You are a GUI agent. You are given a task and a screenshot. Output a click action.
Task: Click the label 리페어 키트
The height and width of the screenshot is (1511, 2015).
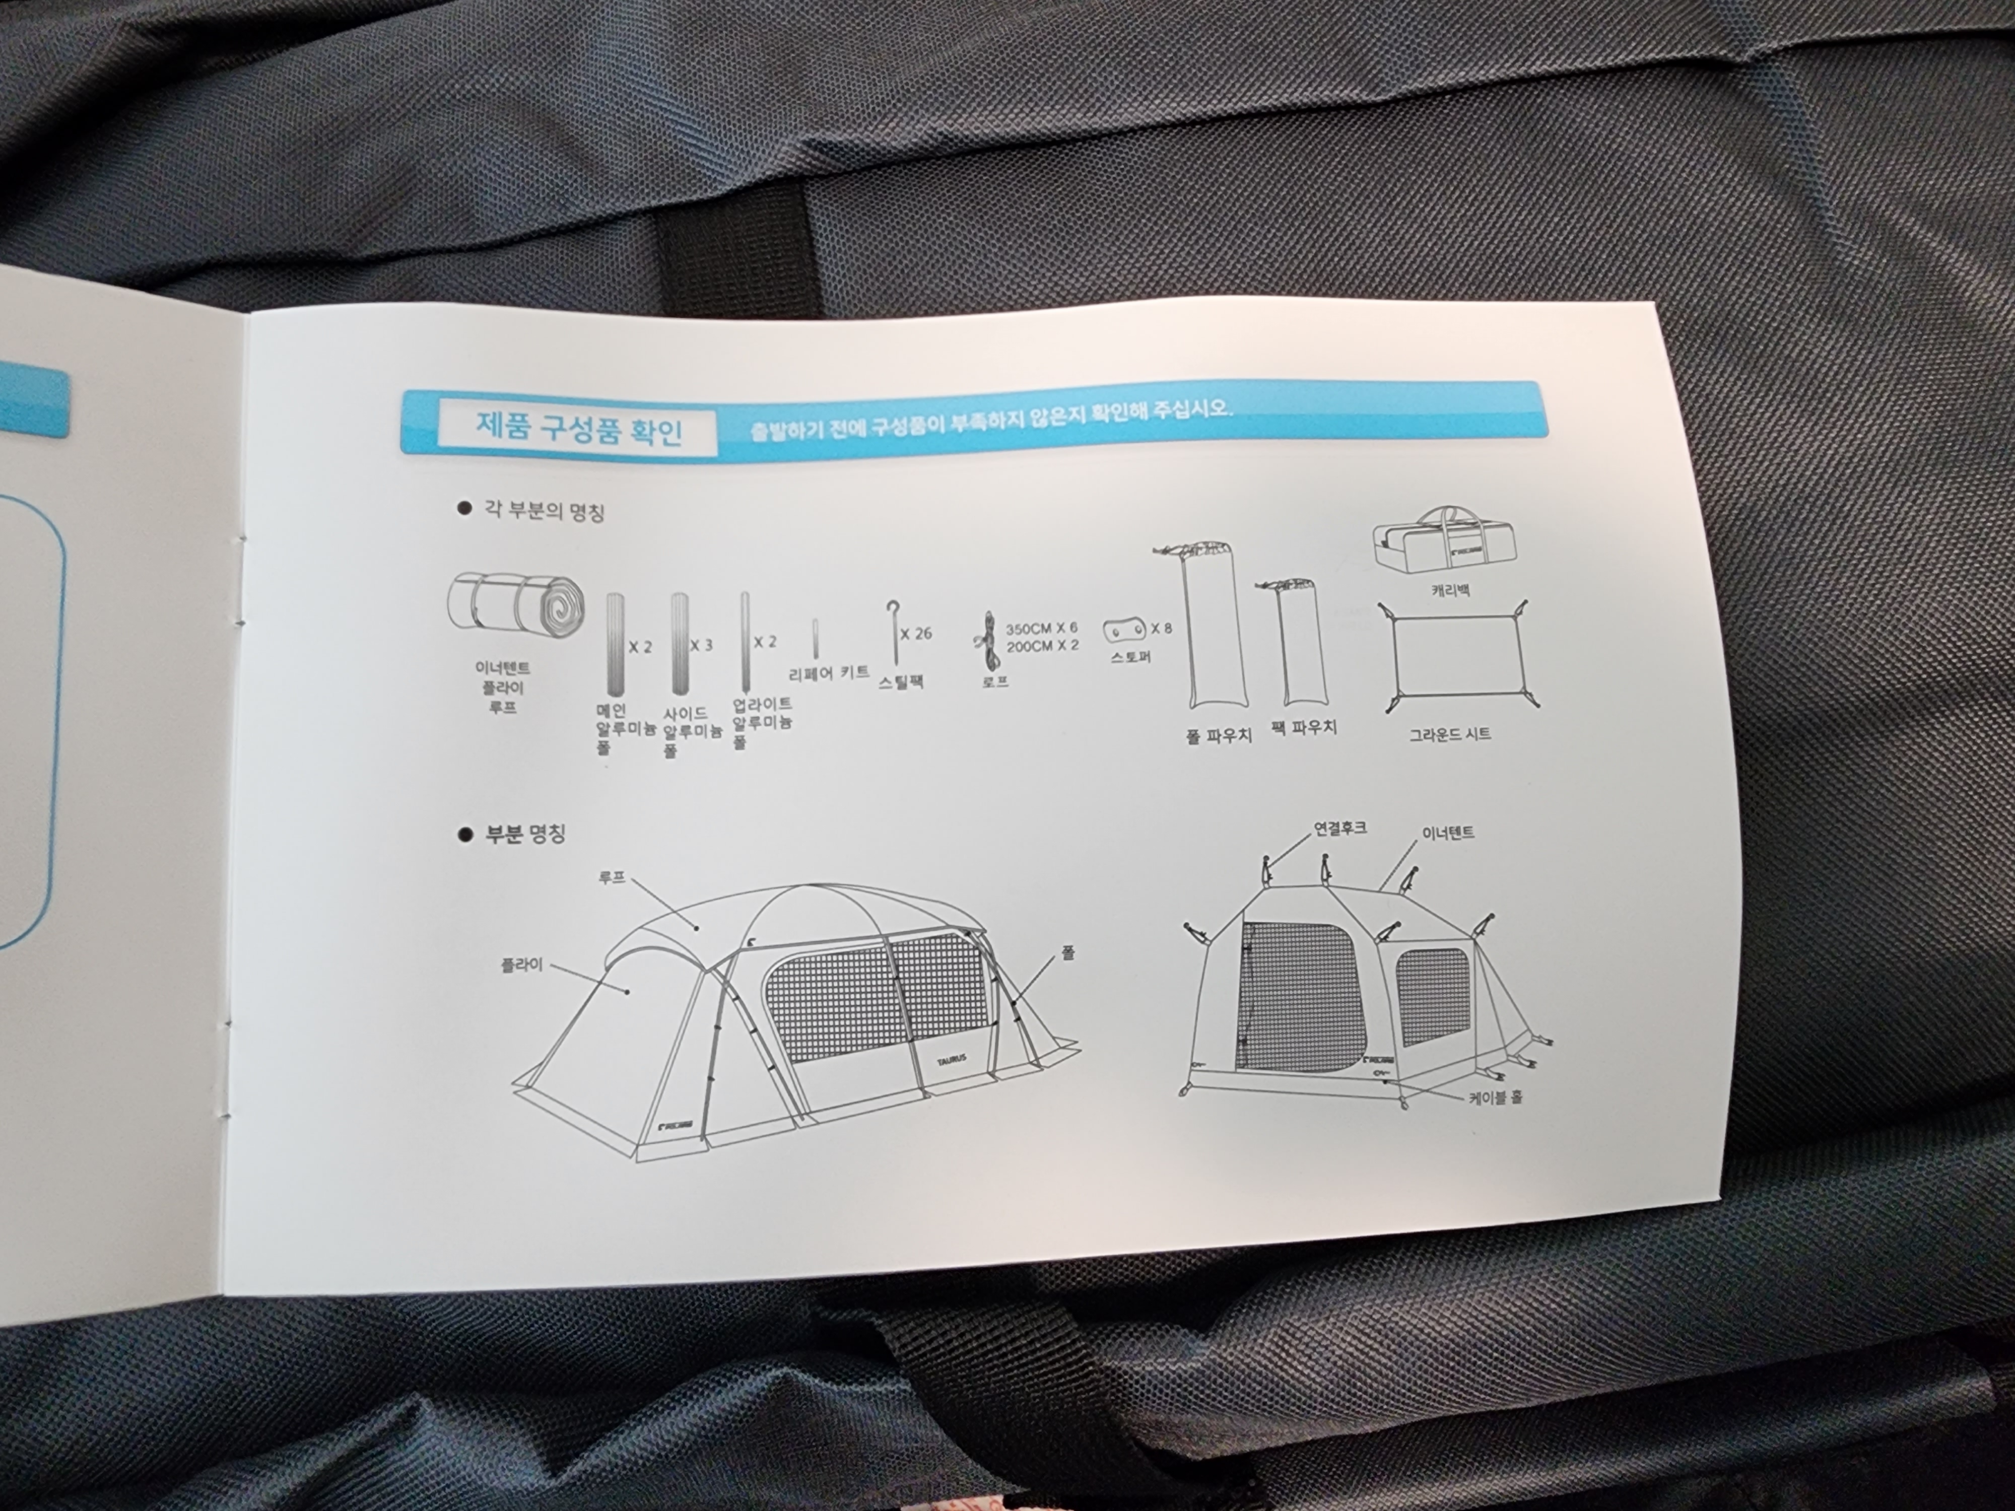pos(828,673)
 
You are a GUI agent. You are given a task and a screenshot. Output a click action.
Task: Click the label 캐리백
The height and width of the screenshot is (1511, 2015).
pos(1450,589)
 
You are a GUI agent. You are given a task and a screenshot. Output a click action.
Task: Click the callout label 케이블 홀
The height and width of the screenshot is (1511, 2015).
pos(1495,1097)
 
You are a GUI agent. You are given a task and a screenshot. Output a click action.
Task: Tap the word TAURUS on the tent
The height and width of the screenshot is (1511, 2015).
pos(951,1059)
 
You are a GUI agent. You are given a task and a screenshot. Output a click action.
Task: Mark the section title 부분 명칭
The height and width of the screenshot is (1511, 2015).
pos(525,834)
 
